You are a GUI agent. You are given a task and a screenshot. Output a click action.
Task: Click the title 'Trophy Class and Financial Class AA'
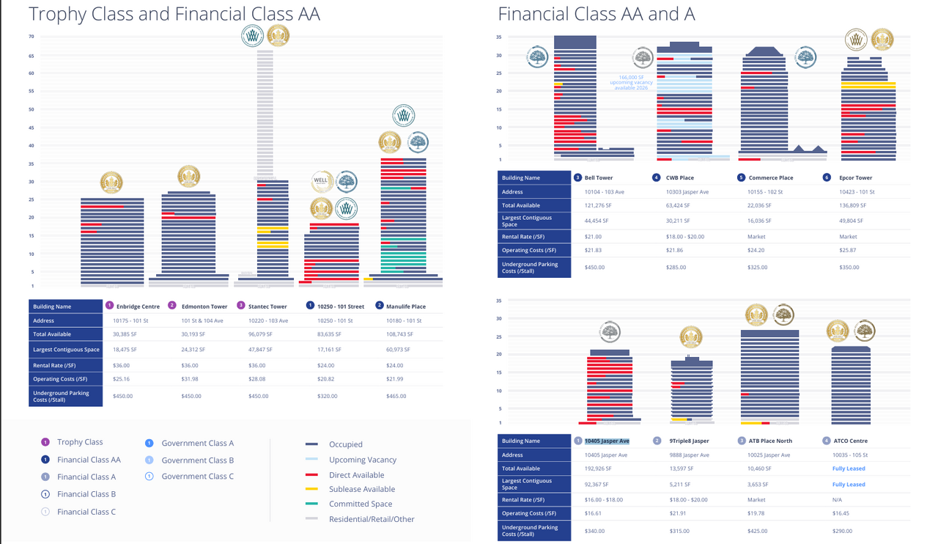(174, 14)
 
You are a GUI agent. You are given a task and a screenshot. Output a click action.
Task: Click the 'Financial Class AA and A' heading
(596, 14)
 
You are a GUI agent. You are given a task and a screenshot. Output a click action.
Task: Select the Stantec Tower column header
(267, 306)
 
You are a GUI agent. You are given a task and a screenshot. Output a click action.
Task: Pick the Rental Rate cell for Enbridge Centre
(122, 365)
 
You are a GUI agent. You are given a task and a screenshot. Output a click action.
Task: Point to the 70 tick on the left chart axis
(32, 37)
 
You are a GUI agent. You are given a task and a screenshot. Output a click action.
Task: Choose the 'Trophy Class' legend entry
(80, 442)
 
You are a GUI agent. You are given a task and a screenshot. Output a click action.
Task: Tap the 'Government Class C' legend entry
(197, 477)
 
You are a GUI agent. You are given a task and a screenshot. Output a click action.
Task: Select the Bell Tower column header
(598, 177)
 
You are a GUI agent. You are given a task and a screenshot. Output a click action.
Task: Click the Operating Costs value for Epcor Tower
(849, 250)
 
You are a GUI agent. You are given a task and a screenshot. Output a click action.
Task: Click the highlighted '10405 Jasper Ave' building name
(607, 441)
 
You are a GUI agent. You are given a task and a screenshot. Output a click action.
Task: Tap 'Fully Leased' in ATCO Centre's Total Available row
(849, 468)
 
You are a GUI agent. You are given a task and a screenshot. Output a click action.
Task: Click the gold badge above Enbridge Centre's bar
(111, 182)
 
